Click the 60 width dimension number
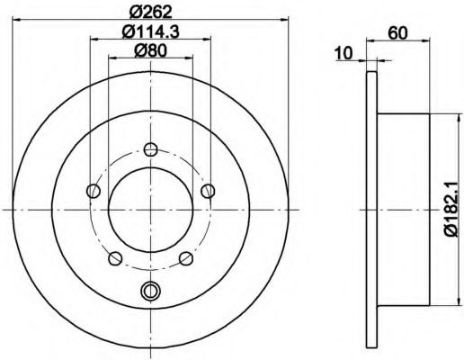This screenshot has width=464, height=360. pyautogui.click(x=395, y=33)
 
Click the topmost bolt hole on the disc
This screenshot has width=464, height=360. pyautogui.click(x=150, y=149)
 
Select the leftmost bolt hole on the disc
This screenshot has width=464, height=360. pyautogui.click(x=93, y=190)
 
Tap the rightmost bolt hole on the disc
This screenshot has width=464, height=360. pyautogui.click(x=209, y=190)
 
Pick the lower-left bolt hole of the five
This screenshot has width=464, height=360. pyautogui.click(x=114, y=259)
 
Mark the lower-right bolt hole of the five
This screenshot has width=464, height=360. pyautogui.click(x=186, y=259)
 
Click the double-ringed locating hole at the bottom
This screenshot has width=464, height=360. pyautogui.click(x=150, y=290)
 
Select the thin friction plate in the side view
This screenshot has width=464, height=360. pyautogui.click(x=370, y=209)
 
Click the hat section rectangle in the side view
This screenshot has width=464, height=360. pyautogui.click(x=405, y=209)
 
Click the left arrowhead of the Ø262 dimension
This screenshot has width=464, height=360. pyautogui.click(x=20, y=23)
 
